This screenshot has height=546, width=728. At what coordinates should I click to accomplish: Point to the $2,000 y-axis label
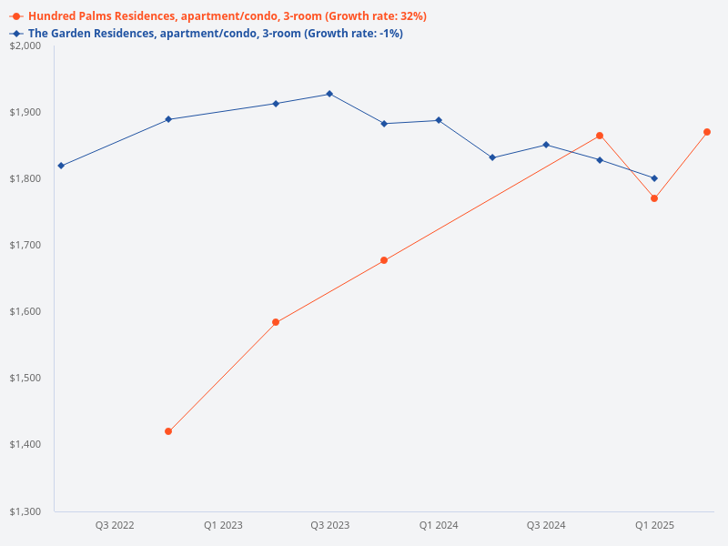tap(26, 45)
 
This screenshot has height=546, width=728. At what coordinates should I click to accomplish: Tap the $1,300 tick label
tap(26, 511)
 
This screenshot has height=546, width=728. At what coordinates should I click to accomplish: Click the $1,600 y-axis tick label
tap(26, 311)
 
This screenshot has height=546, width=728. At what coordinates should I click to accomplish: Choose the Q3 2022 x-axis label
tap(115, 526)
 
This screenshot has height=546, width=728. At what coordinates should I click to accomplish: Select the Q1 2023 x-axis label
tap(223, 526)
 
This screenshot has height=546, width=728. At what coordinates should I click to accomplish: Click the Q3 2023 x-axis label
tap(330, 526)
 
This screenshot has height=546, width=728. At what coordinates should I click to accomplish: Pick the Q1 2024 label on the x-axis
tap(439, 526)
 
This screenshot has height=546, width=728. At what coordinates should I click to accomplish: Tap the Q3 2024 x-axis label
tap(546, 526)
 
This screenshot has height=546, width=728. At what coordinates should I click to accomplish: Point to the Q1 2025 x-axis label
tap(654, 526)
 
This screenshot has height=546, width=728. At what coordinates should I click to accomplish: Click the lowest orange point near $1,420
tap(168, 431)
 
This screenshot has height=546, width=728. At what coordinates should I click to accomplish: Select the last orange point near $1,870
tap(707, 132)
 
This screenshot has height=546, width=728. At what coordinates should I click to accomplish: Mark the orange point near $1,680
tap(384, 260)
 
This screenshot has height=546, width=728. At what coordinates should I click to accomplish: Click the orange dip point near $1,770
tap(654, 198)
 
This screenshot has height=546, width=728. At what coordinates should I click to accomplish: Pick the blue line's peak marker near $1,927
tap(329, 94)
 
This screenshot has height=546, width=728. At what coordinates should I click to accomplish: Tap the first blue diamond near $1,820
tap(61, 166)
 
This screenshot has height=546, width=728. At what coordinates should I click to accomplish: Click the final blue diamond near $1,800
tap(654, 178)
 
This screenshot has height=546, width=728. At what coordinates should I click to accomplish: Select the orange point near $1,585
tap(276, 322)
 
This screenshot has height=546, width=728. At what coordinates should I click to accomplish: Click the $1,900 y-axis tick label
tap(26, 112)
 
